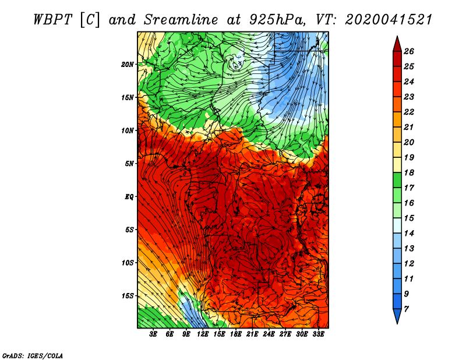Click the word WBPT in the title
tap(52, 20)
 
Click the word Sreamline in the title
tap(181, 20)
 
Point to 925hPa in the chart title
tap(277, 20)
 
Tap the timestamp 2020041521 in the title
tap(389, 20)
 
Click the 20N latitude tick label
tap(127, 65)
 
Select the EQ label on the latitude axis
tap(129, 197)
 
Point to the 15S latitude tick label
tap(127, 296)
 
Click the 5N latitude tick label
tap(129, 164)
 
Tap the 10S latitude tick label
tap(127, 263)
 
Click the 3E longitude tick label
tap(153, 334)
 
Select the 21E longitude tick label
tap(252, 334)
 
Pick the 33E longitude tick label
tap(318, 334)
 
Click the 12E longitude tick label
tap(202, 334)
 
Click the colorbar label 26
tap(409, 51)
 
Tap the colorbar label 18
tap(409, 172)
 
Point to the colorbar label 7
tap(406, 309)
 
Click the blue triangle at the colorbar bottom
tap(397, 315)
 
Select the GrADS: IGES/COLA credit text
tap(33, 355)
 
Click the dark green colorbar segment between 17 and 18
tap(397, 180)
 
